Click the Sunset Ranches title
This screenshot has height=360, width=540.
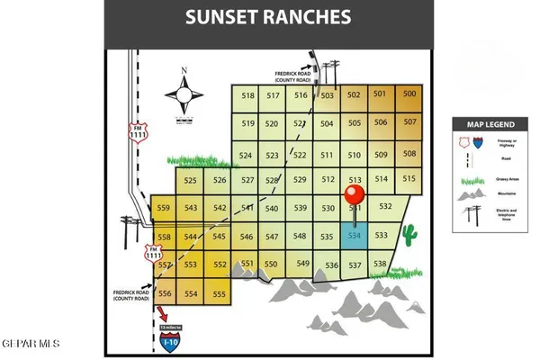pyautogui.click(x=269, y=16)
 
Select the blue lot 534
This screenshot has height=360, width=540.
pyautogui.click(x=355, y=236)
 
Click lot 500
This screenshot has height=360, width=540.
pyautogui.click(x=409, y=94)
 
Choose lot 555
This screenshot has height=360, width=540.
pyautogui.click(x=219, y=294)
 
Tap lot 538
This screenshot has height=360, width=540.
pyautogui.click(x=380, y=264)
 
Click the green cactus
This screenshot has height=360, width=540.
pyautogui.click(x=410, y=235)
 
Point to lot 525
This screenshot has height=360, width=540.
pyautogui.click(x=190, y=180)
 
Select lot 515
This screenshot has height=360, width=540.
pyautogui.click(x=409, y=179)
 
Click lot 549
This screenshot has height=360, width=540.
pyautogui.click(x=303, y=264)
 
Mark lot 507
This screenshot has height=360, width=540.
pyautogui.click(x=409, y=121)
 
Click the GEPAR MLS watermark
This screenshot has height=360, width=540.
pyautogui.click(x=30, y=344)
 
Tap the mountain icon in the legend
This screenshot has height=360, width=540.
pyautogui.click(x=471, y=194)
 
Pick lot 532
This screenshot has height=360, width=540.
pyautogui.click(x=385, y=207)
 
